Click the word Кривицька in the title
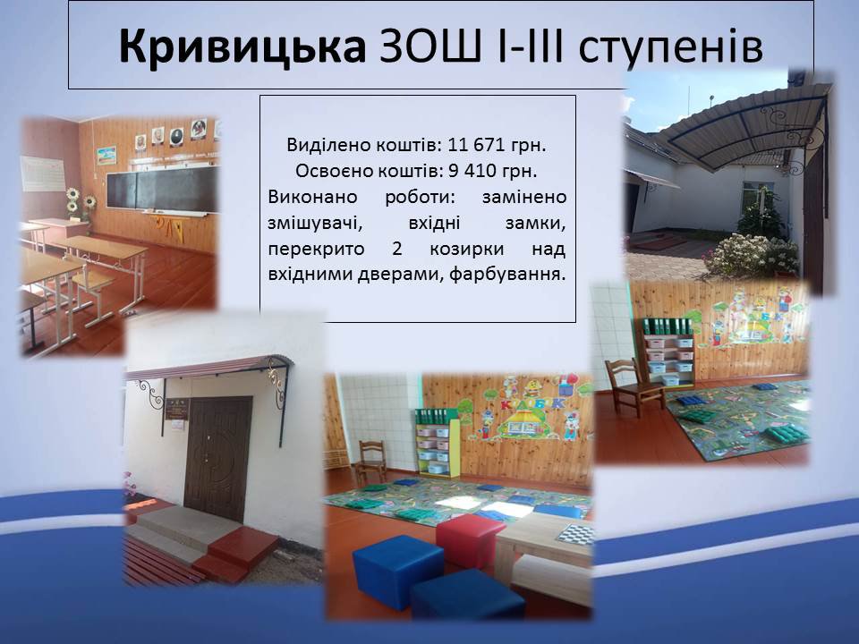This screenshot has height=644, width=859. click(x=242, y=46)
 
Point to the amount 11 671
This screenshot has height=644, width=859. click(x=475, y=145)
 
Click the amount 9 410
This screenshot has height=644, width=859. click(x=474, y=171)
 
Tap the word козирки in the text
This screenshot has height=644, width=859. click(x=466, y=250)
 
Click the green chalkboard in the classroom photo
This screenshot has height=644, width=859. click(x=162, y=189)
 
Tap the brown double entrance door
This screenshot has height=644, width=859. click(x=218, y=458)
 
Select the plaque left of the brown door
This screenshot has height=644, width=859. click(x=177, y=409)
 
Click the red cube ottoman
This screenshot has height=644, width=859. click(x=470, y=540)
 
